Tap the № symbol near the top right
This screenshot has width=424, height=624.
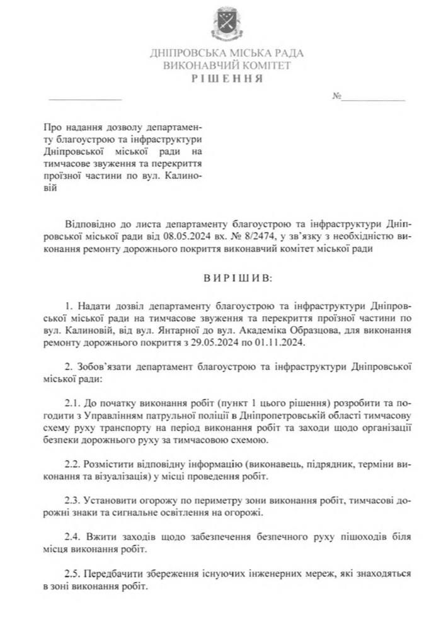(337, 97)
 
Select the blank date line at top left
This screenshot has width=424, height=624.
(84, 99)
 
